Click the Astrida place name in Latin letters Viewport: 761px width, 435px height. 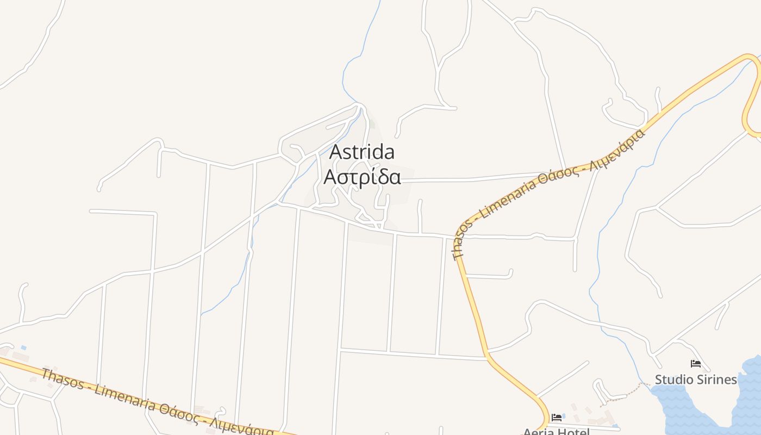pyautogui.click(x=362, y=152)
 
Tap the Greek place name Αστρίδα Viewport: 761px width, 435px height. pyautogui.click(x=362, y=177)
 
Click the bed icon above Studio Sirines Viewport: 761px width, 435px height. pyautogui.click(x=695, y=364)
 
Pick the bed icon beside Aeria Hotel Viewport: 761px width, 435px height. pyautogui.click(x=557, y=418)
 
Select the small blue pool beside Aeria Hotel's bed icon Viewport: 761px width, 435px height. pyautogui.click(x=563, y=416)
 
